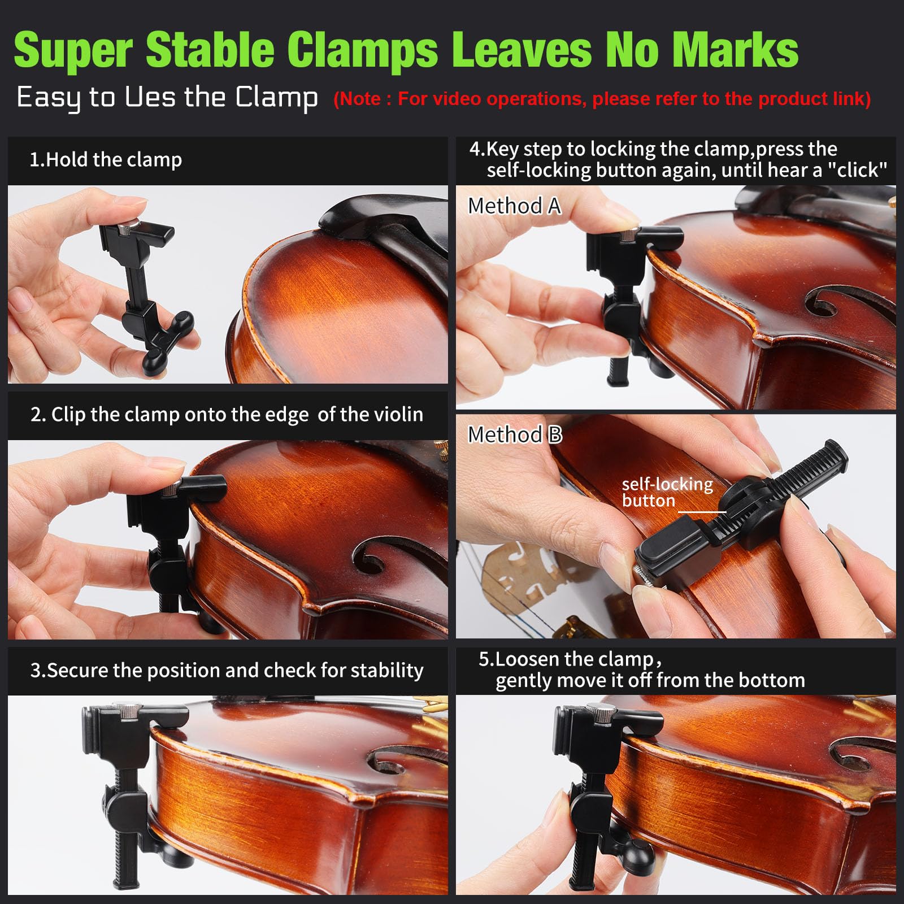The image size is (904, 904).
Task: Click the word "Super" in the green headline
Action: point(74,50)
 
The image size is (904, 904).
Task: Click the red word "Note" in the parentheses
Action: point(360,99)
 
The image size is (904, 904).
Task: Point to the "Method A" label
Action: point(515,206)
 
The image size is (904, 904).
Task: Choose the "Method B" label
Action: point(515,434)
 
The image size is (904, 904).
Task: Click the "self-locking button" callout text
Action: point(667,492)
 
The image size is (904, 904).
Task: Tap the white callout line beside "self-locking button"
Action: point(702,512)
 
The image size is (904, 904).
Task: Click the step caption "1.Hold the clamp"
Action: point(106,160)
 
